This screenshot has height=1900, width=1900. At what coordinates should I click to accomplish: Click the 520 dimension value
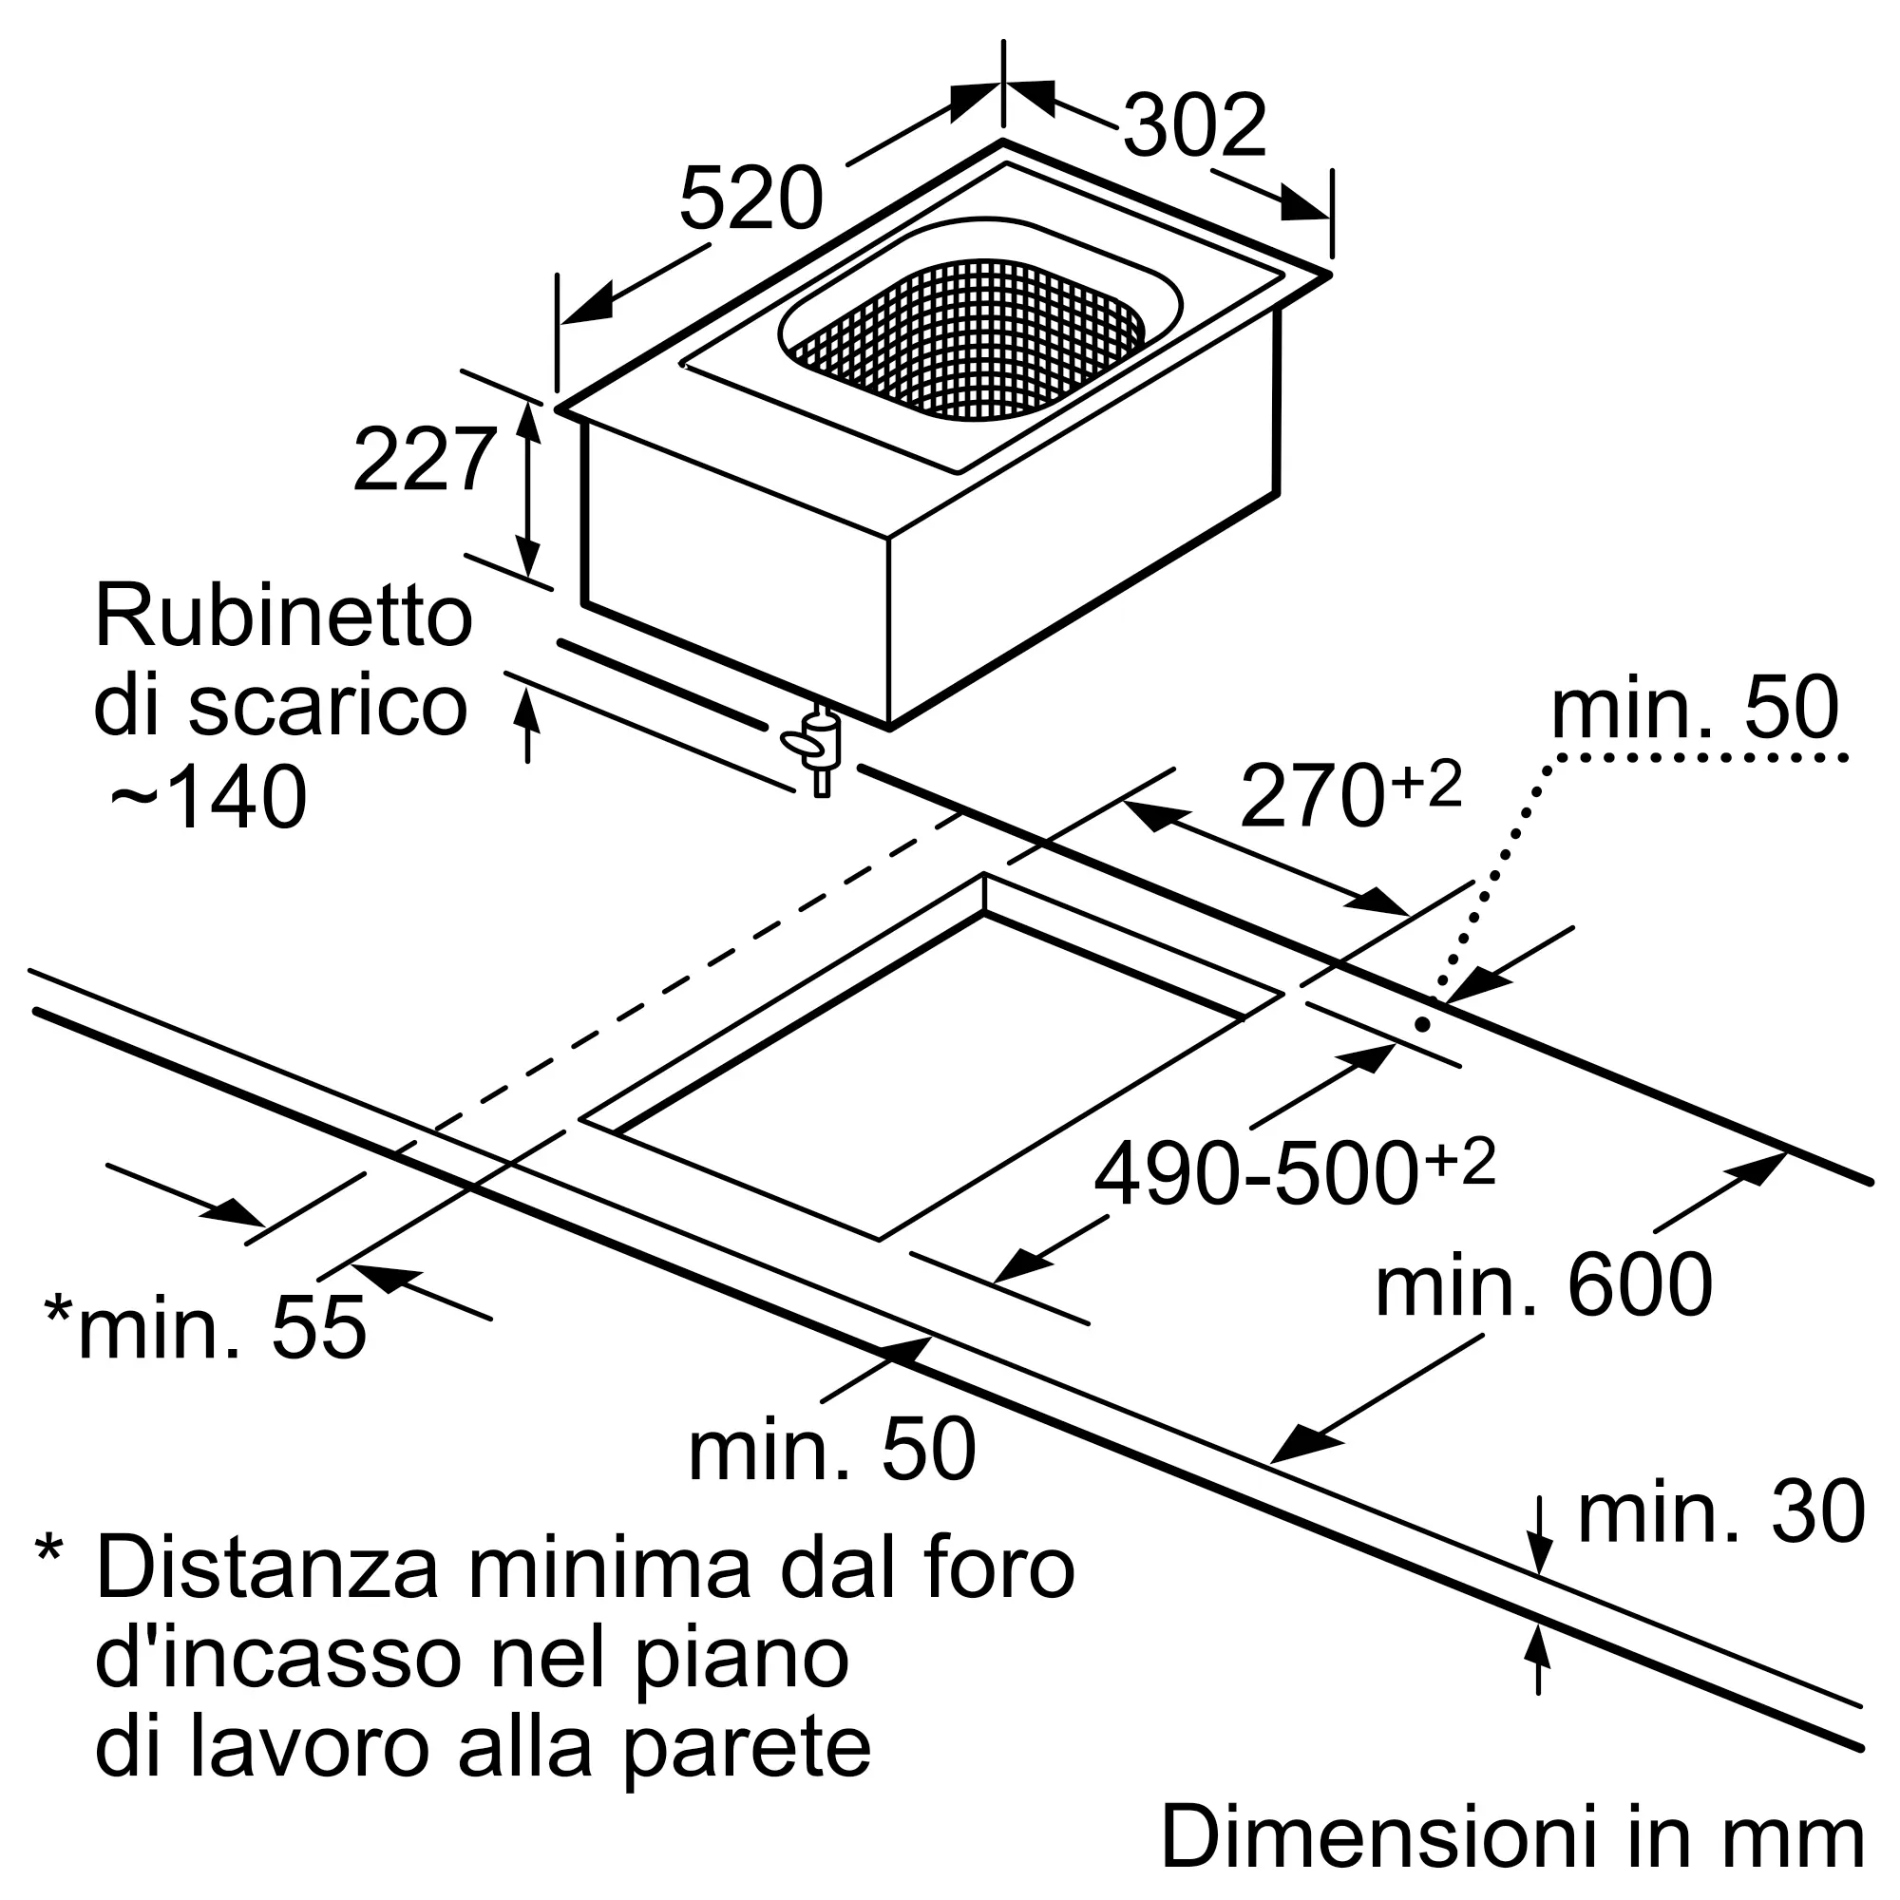[x=750, y=199]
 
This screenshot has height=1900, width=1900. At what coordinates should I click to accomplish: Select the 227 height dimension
[x=424, y=459]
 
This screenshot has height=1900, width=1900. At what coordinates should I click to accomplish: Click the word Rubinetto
[x=283, y=617]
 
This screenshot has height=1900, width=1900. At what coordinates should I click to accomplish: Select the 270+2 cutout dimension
[x=1349, y=794]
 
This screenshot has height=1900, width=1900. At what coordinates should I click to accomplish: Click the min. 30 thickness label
[x=1721, y=1511]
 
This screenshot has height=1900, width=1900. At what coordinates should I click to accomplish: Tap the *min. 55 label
[x=206, y=1328]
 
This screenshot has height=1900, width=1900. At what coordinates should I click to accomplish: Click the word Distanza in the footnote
[x=268, y=1570]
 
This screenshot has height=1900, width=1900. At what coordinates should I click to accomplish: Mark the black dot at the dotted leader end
[x=1422, y=1025]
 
